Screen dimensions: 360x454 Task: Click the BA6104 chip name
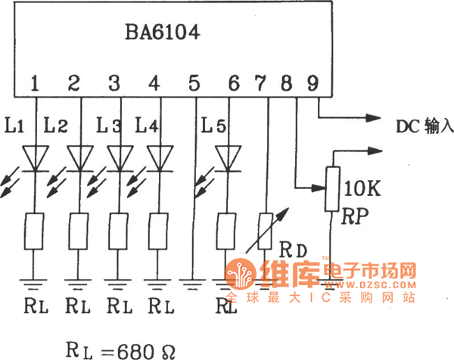pyautogui.click(x=162, y=33)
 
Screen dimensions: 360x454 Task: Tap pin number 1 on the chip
pyautogui.click(x=35, y=82)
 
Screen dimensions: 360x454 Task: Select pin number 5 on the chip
pyautogui.click(x=194, y=82)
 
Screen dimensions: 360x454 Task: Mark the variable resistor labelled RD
pyautogui.click(x=266, y=228)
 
